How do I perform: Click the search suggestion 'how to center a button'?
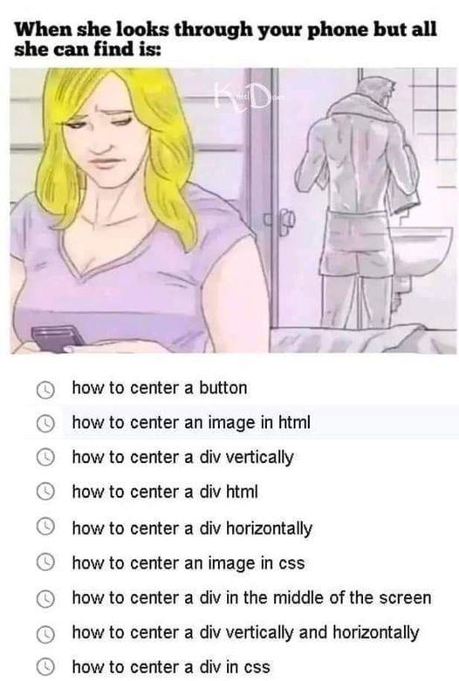(x=159, y=388)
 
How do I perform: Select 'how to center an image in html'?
(x=190, y=423)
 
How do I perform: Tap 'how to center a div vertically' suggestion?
(x=182, y=458)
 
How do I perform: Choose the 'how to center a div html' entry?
(x=164, y=493)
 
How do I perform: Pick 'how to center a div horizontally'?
(x=191, y=528)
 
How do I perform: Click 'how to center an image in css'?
(x=188, y=563)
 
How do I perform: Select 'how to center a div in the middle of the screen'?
(x=251, y=598)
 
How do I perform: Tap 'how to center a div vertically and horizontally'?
(x=245, y=633)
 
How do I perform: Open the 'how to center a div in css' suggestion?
(x=170, y=668)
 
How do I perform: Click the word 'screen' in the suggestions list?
(x=406, y=598)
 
